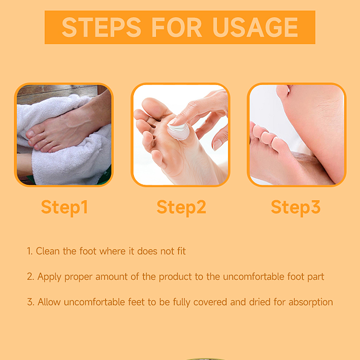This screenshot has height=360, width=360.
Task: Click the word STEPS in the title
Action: point(99,27)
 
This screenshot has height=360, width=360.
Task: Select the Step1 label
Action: point(64,207)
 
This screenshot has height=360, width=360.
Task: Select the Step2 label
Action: point(181,207)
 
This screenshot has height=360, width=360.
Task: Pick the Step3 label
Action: point(295,207)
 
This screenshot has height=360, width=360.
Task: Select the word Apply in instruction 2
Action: point(48,277)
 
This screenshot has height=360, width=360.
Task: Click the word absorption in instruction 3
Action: point(310,302)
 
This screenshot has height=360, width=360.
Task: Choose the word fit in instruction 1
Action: point(180,251)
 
